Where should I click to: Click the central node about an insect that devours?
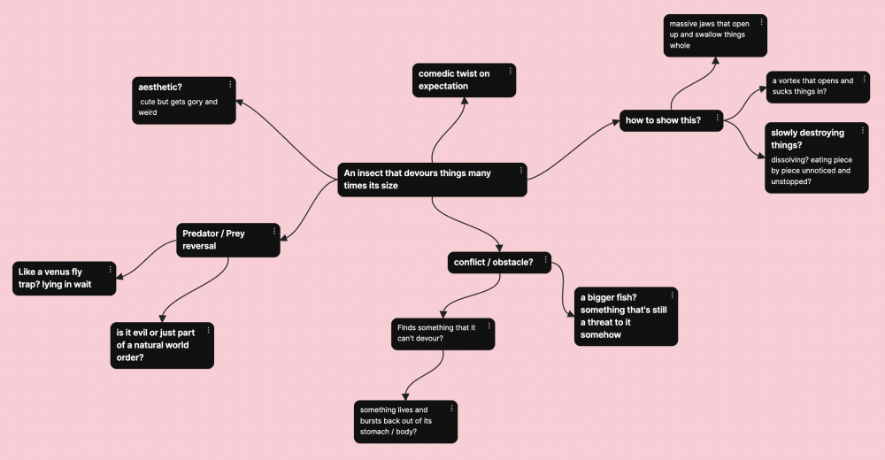[x=425, y=180]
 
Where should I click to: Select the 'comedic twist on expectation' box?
[x=458, y=80]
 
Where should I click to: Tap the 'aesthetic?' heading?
[x=160, y=86]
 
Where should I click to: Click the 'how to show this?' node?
[x=664, y=120]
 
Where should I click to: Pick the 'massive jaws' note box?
[x=712, y=35]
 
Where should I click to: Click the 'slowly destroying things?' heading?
[x=807, y=139]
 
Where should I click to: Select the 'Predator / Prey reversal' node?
[x=221, y=240]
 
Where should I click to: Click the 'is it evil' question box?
[x=158, y=345]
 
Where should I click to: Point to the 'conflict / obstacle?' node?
[x=494, y=262]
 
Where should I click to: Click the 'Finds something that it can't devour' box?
[x=437, y=333]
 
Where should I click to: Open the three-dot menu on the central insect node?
[x=521, y=170]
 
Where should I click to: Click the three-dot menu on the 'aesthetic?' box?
[x=230, y=85]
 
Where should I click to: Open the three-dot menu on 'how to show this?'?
[x=718, y=118]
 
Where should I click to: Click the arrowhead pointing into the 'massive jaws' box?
[x=716, y=61]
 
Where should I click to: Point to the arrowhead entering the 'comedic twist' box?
[x=464, y=101]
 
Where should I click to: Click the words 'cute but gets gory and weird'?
[x=178, y=107]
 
